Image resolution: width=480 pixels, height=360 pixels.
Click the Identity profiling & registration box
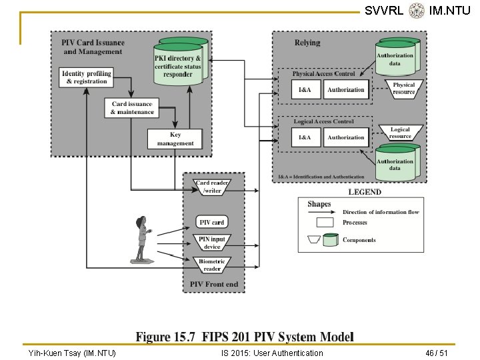pyautogui.click(x=87, y=77)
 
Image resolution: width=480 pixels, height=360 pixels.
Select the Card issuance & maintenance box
pyautogui.click(x=133, y=108)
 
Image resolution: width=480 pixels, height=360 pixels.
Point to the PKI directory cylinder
pyautogui.click(x=178, y=63)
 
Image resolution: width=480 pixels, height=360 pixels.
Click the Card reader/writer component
pyautogui.click(x=212, y=187)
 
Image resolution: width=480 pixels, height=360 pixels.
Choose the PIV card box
pyautogui.click(x=212, y=222)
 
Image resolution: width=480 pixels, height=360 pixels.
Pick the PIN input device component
pyautogui.click(x=212, y=243)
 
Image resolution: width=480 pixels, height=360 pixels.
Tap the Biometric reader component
pyautogui.click(x=212, y=265)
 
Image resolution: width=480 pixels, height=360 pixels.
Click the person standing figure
pyautogui.click(x=141, y=238)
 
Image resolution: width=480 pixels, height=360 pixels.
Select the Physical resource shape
pyautogui.click(x=403, y=89)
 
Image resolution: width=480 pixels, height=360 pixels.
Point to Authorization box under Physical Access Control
pyautogui.click(x=346, y=90)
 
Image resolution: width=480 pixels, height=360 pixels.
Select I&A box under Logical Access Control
pyautogui.click(x=305, y=138)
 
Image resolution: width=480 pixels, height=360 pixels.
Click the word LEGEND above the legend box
pyautogui.click(x=365, y=192)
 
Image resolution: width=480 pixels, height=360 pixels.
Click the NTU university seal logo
pyautogui.click(x=417, y=10)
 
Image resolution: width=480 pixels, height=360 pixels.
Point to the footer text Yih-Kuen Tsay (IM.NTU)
pyautogui.click(x=72, y=353)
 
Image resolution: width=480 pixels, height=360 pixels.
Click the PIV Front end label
pyautogui.click(x=213, y=285)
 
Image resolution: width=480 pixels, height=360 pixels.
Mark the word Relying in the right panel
pyautogui.click(x=307, y=43)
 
